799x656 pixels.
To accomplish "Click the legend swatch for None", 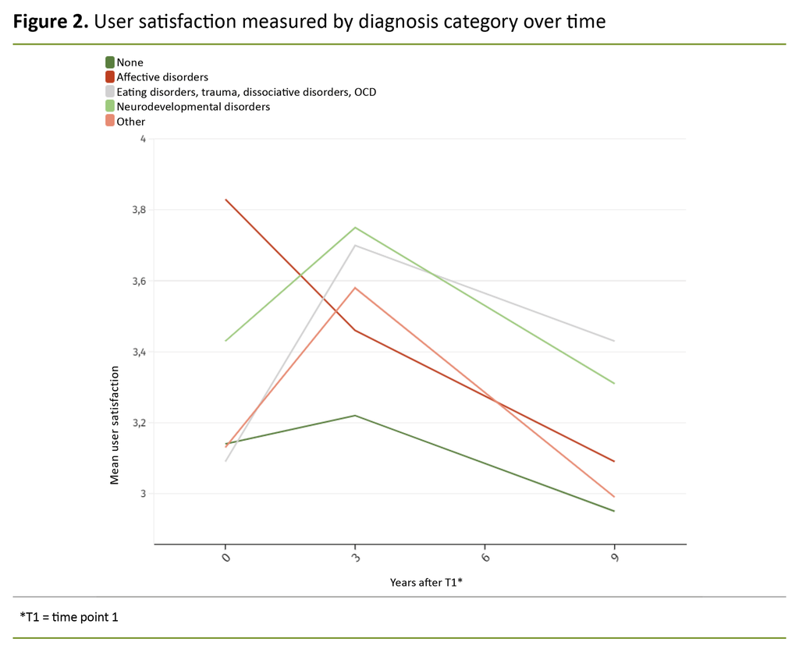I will pos(110,62).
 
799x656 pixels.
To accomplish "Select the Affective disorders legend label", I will pos(162,77).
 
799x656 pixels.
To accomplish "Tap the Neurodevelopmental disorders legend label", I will pos(193,107).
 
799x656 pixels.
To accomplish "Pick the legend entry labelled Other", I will pos(130,122).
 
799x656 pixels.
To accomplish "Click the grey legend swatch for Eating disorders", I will pos(110,92).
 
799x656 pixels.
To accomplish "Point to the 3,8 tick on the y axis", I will pos(138,210).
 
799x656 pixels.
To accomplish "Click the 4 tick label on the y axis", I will pos(143,139).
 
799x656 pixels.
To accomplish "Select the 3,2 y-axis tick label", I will pos(138,423).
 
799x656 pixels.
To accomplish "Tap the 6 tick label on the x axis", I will pos(485,558).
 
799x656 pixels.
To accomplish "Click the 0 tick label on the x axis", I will pos(225,558).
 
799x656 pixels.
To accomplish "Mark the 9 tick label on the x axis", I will pos(614,558).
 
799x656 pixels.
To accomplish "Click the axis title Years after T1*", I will pos(426,583).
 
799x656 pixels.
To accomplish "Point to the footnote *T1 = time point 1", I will pos(69,617).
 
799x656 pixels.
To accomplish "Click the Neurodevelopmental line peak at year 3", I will pos(355,228).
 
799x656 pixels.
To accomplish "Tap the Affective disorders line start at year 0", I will pos(225,200).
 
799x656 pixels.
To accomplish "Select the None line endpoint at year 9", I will pos(614,511).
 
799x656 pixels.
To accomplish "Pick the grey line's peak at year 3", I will pos(355,245).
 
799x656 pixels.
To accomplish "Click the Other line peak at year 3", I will pos(355,288).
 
